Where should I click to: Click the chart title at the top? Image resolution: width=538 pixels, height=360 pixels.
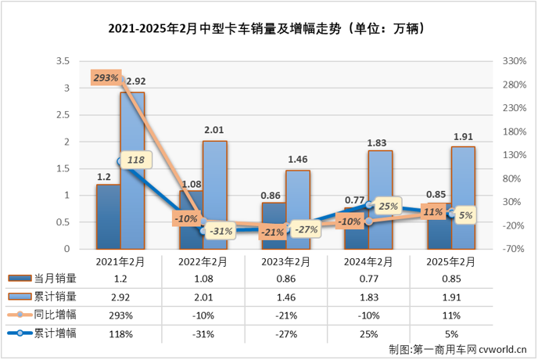pos(268,31)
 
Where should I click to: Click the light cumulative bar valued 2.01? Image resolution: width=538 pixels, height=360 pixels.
pos(215,195)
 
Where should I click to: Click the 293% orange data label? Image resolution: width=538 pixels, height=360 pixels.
pos(106,77)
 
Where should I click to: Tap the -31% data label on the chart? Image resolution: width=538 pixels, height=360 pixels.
pos(223,230)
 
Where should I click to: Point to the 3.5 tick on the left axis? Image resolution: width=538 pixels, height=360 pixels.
pos(65,61)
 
